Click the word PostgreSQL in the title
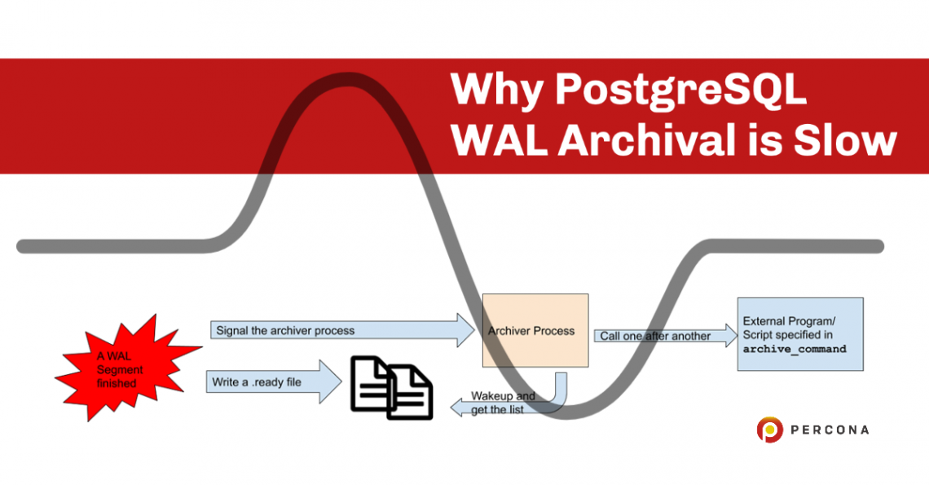pyautogui.click(x=680, y=90)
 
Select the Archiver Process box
pyautogui.click(x=535, y=330)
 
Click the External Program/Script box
pyautogui.click(x=799, y=334)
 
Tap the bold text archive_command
pyautogui.click(x=795, y=349)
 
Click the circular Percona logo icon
pyautogui.click(x=769, y=430)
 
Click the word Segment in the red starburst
pyautogui.click(x=120, y=369)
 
